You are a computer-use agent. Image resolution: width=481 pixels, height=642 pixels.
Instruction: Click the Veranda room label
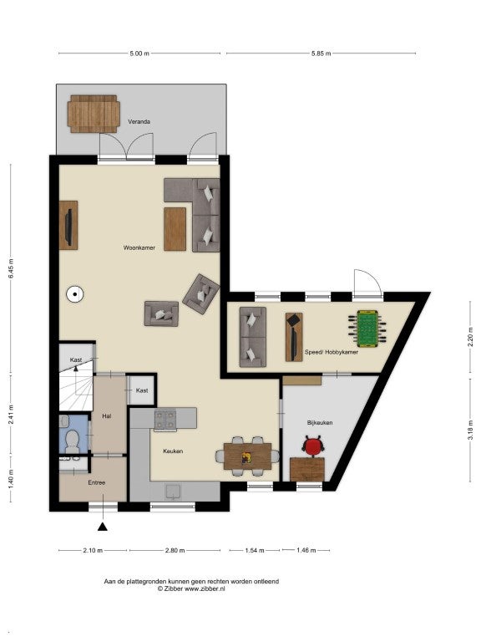point(139,121)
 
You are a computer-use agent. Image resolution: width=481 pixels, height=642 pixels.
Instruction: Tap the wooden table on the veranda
point(94,114)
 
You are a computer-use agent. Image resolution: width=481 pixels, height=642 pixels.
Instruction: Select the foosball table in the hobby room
point(368,327)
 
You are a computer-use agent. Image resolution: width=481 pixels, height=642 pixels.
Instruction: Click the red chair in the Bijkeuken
point(313,446)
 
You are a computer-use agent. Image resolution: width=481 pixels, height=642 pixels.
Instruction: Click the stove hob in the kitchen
point(165,420)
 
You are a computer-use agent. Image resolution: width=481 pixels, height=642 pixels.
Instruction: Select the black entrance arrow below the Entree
point(102,527)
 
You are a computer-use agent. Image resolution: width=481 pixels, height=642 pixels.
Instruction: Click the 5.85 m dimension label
point(321,53)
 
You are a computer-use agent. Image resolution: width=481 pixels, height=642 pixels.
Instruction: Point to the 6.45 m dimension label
point(11,268)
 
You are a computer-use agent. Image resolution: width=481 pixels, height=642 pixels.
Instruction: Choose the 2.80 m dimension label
point(175,550)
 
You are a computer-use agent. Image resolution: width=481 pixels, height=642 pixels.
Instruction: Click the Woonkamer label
point(139,247)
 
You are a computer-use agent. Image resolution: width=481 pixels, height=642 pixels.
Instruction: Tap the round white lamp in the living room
point(75,293)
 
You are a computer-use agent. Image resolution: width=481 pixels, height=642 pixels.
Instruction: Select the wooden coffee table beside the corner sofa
point(175,229)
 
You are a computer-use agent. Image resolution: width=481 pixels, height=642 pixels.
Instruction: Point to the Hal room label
point(106,416)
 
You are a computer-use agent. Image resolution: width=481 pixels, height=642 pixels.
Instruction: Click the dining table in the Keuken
point(247,456)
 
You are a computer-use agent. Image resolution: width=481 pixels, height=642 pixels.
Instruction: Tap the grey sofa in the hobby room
point(253,337)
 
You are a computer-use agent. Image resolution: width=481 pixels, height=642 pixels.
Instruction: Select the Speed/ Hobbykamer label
point(331,352)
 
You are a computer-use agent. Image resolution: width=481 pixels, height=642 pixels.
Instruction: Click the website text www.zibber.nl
point(205,588)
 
